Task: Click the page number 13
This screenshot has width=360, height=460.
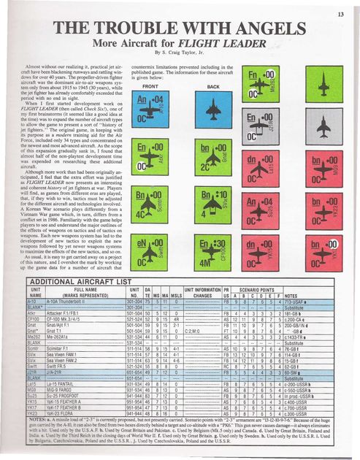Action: [x=340, y=14]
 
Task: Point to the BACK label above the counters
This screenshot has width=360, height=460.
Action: [x=212, y=86]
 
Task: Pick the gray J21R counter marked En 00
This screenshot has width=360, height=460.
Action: [x=269, y=125]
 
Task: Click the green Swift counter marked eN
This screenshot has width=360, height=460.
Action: [x=149, y=241]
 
